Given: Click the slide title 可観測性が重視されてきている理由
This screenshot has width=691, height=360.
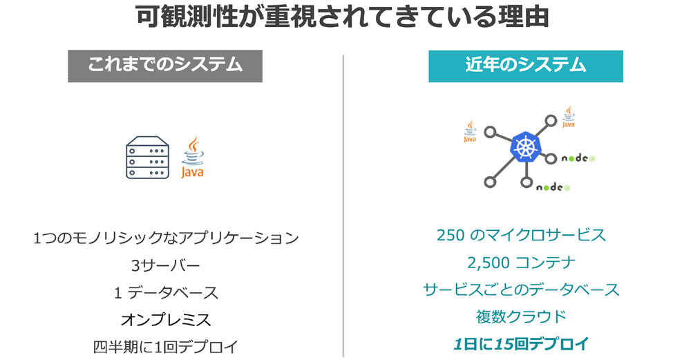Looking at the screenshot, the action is tap(343, 17).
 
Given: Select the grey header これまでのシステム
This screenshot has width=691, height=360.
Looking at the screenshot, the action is tap(165, 66).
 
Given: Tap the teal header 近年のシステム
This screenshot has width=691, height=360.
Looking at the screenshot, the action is tap(526, 66).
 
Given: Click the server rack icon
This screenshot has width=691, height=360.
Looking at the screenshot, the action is tap(147, 158).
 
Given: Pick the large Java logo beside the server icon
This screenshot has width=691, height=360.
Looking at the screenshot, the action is tap(193, 158).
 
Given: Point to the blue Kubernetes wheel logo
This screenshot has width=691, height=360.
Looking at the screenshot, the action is tap(525, 146).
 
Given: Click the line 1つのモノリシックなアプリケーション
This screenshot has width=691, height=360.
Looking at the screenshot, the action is tap(166, 238).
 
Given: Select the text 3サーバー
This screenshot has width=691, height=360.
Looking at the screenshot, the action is tap(166, 265).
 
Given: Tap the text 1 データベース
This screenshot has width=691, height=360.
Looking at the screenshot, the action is tap(166, 292).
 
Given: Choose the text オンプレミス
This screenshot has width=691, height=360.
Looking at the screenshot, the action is tap(166, 319).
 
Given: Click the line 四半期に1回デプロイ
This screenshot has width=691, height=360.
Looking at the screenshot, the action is tap(166, 347).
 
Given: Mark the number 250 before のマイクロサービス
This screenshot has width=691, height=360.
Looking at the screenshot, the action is tap(451, 236).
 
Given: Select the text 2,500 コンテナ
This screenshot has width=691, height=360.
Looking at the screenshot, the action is tap(521, 263).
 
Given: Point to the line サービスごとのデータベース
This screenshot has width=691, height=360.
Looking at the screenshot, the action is tap(521, 290).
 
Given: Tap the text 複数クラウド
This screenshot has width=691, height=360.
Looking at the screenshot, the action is tap(521, 317).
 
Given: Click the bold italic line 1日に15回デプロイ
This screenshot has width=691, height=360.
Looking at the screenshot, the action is tap(521, 343).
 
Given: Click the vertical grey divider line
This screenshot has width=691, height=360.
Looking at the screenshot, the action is tap(343, 206).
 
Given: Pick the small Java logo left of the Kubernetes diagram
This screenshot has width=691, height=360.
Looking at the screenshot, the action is tap(470, 131).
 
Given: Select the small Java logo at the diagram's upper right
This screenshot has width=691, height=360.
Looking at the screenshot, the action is tap(569, 117).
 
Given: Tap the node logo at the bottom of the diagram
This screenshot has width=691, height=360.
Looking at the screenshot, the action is tap(553, 187).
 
